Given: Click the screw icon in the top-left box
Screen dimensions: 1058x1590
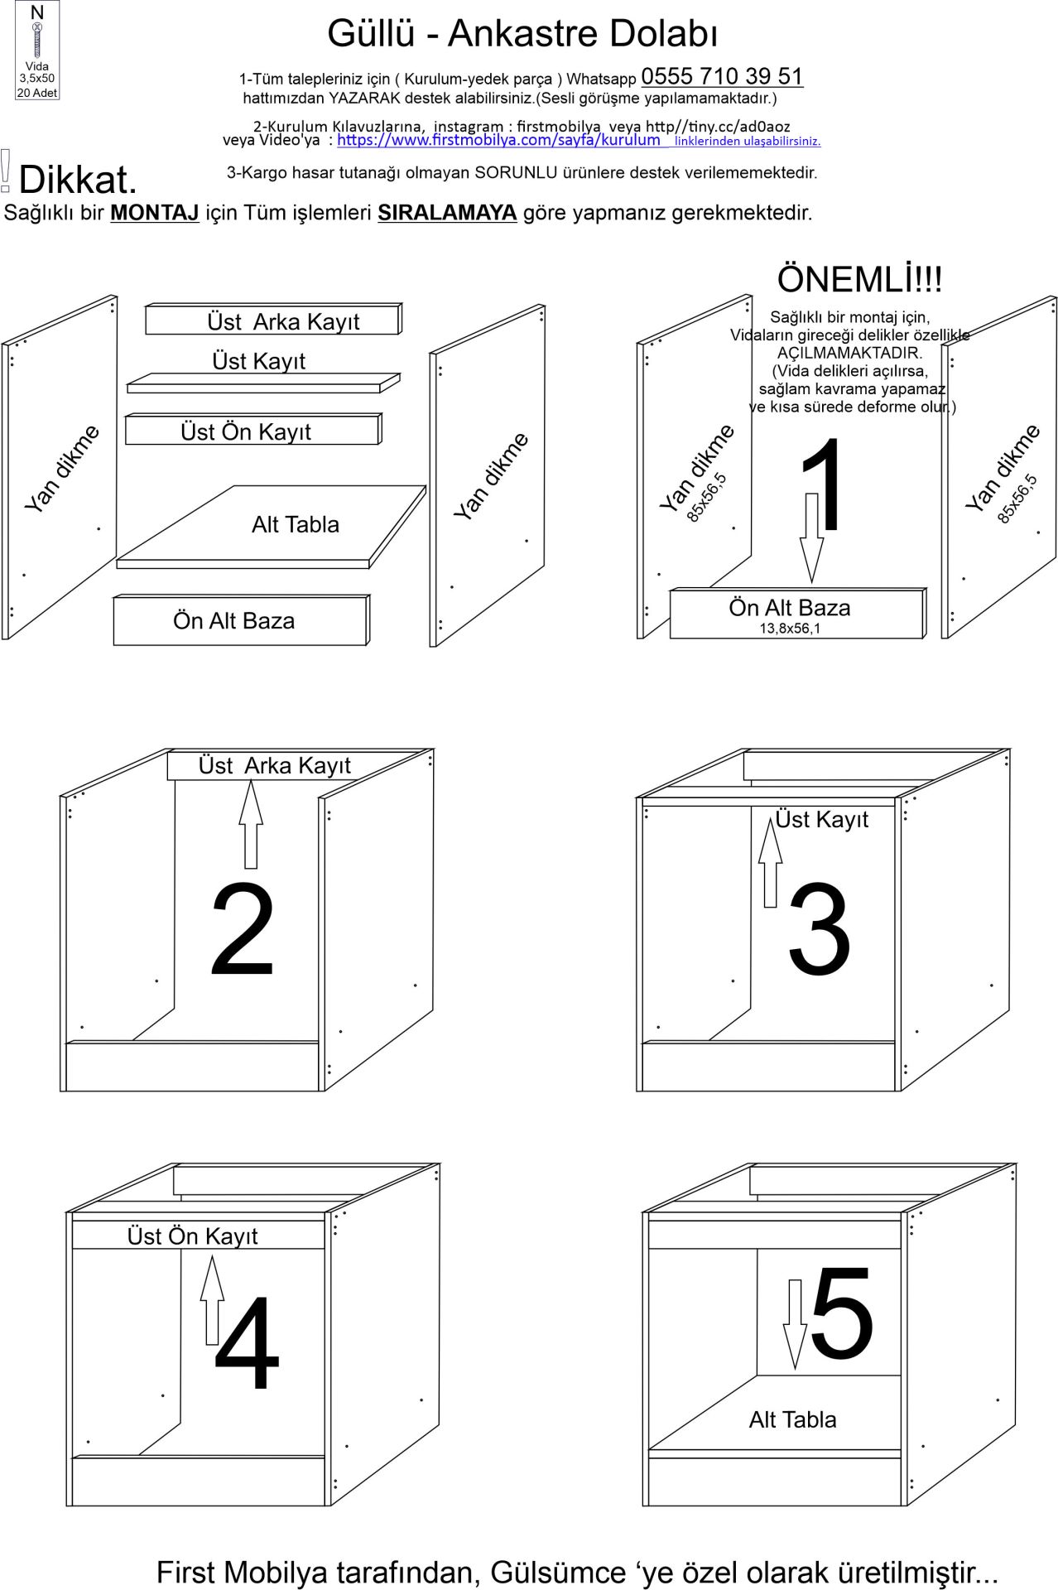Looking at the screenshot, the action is point(36,41).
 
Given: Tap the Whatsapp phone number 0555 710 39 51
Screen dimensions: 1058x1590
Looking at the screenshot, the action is point(722,76).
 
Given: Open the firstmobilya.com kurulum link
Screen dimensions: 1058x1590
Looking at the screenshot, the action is point(498,140).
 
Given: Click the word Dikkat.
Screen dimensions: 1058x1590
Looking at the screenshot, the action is point(77,180).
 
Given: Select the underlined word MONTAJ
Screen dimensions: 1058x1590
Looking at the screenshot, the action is point(155,213).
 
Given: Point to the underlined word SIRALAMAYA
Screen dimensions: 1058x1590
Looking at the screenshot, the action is point(447,213).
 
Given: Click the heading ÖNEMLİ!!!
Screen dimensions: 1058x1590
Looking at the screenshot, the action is point(859,279).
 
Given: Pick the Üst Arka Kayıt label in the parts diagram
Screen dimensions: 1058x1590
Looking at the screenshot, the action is point(283,321).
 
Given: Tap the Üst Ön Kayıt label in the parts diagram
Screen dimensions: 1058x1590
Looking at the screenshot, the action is point(246,431).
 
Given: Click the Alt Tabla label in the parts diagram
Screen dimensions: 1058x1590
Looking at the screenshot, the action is point(296,524).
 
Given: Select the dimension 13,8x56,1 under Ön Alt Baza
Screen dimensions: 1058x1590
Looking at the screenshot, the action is point(790,629).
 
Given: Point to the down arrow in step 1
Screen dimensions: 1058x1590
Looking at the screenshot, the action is point(812,537).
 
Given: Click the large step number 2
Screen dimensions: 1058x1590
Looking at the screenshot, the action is point(242,929).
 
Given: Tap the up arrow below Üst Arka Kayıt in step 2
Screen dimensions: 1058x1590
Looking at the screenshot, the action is point(251,824).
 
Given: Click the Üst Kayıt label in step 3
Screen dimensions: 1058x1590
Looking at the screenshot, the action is point(821,820).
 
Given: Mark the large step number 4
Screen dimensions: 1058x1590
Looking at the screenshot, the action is point(247,1343).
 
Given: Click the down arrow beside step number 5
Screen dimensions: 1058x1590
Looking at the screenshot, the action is point(795,1323).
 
